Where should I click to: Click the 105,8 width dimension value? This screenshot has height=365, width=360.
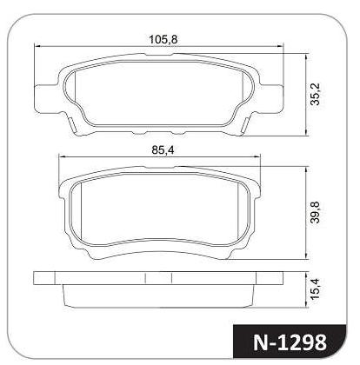click(x=163, y=39)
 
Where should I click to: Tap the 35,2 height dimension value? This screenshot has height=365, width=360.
click(x=315, y=94)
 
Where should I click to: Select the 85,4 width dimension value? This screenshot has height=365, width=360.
click(x=163, y=150)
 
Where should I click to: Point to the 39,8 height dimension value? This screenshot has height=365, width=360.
click(x=315, y=212)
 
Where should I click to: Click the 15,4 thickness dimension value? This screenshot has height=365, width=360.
click(x=315, y=289)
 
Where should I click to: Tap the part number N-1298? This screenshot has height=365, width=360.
click(x=290, y=342)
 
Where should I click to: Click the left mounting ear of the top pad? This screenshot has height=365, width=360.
click(x=45, y=98)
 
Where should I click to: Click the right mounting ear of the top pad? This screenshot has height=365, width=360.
click(x=272, y=98)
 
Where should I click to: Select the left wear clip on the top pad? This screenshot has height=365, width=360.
click(x=72, y=124)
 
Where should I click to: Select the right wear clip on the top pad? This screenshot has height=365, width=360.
click(x=245, y=124)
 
